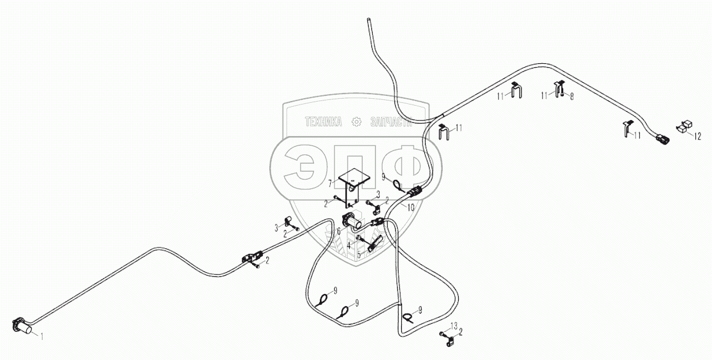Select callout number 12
[x=698, y=136]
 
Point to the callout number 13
[x=454, y=326]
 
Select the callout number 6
[x=339, y=231]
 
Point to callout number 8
[x=571, y=96]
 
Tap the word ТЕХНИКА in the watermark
[x=323, y=122]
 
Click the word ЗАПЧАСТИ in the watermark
[x=392, y=122]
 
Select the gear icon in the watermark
[x=356, y=122]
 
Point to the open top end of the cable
[x=368, y=20]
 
